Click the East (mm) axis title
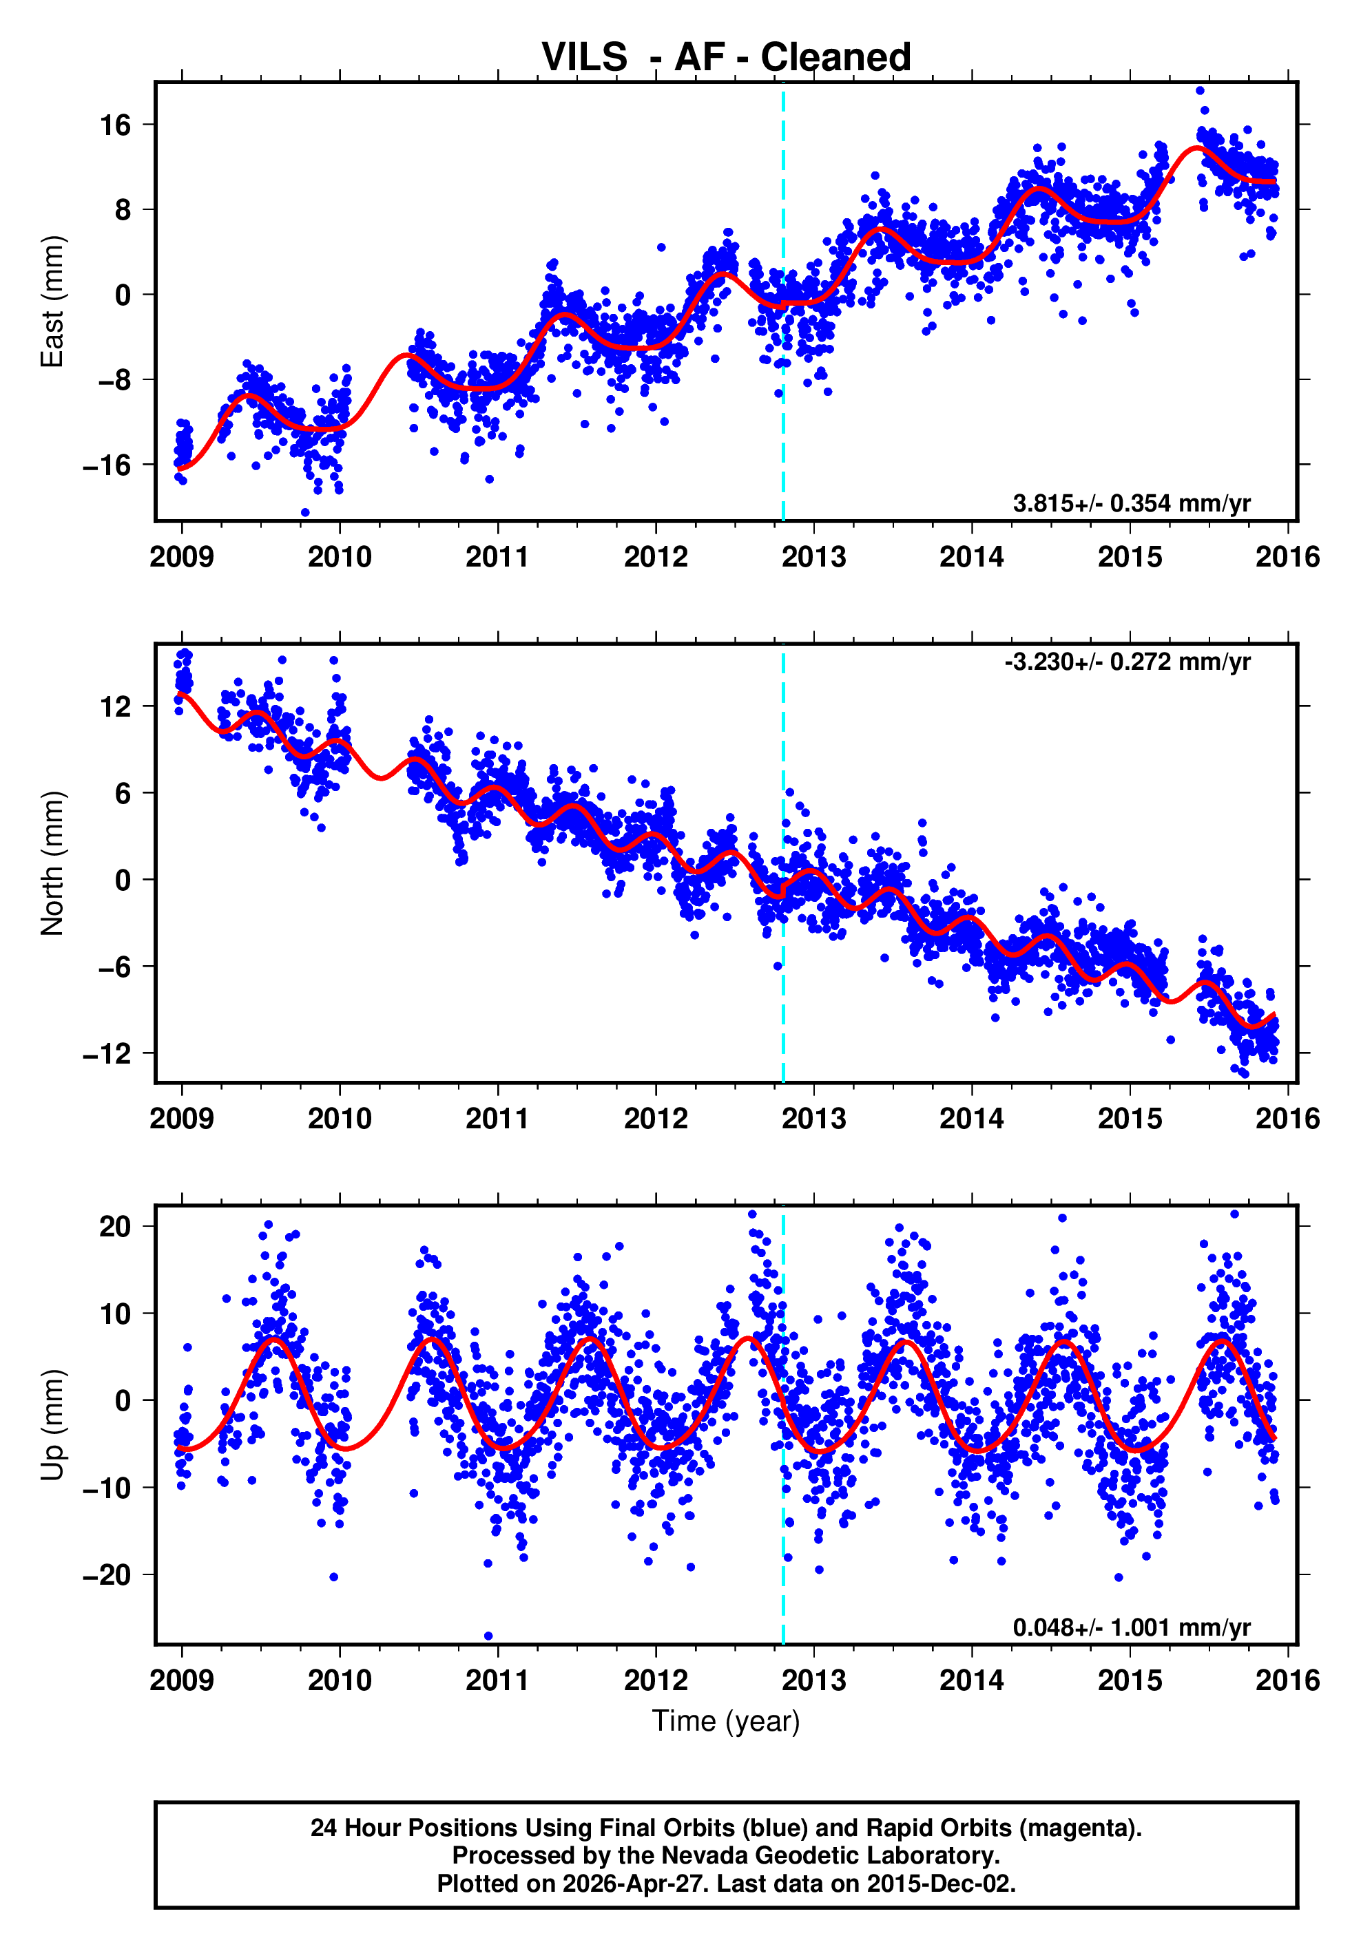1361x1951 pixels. tap(52, 302)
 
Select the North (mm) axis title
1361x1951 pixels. tap(52, 863)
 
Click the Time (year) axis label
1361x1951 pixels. tap(725, 1720)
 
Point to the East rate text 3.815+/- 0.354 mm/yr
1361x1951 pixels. tap(1131, 503)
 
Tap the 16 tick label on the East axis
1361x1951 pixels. tap(116, 126)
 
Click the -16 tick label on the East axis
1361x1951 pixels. tap(107, 465)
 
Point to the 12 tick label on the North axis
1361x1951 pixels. tap(116, 706)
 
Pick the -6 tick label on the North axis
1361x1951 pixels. tap(112, 967)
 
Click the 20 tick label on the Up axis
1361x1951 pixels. tap(116, 1226)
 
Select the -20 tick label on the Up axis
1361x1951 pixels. tap(107, 1574)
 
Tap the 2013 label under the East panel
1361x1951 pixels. tap(813, 558)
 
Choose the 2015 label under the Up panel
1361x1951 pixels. tap(1130, 1679)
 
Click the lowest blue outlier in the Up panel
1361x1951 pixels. tap(488, 1636)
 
